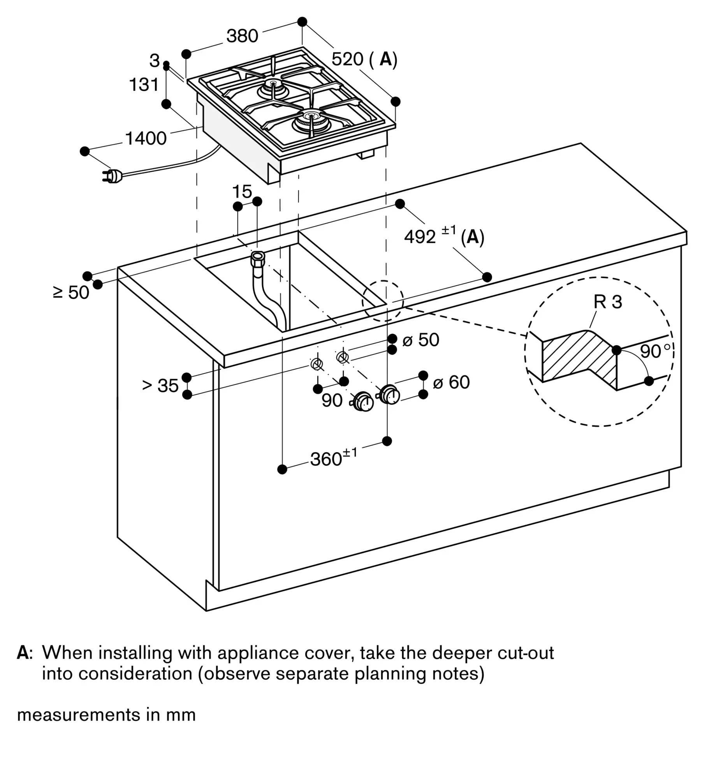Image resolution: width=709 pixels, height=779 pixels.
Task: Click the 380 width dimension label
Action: click(242, 36)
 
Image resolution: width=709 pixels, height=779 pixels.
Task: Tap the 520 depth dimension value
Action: click(347, 59)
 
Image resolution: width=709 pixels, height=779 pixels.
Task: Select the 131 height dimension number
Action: click(144, 85)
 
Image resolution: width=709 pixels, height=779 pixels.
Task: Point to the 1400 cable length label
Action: click(146, 138)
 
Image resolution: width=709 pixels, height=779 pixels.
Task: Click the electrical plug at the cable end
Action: click(113, 176)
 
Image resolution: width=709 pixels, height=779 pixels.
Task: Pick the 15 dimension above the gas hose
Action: click(242, 192)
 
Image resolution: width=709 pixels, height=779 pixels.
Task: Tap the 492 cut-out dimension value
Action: click(420, 236)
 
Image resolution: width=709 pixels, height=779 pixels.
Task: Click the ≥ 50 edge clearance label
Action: click(71, 293)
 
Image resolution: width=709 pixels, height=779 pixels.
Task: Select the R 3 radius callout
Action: click(607, 302)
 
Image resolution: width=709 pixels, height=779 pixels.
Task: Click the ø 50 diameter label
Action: click(420, 340)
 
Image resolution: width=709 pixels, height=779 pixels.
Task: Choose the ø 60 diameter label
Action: click(451, 382)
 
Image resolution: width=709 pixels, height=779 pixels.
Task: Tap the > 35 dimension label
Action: click(160, 386)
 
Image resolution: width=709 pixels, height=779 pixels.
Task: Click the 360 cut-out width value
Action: click(326, 460)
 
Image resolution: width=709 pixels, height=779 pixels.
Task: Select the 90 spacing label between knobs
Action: click(332, 401)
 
